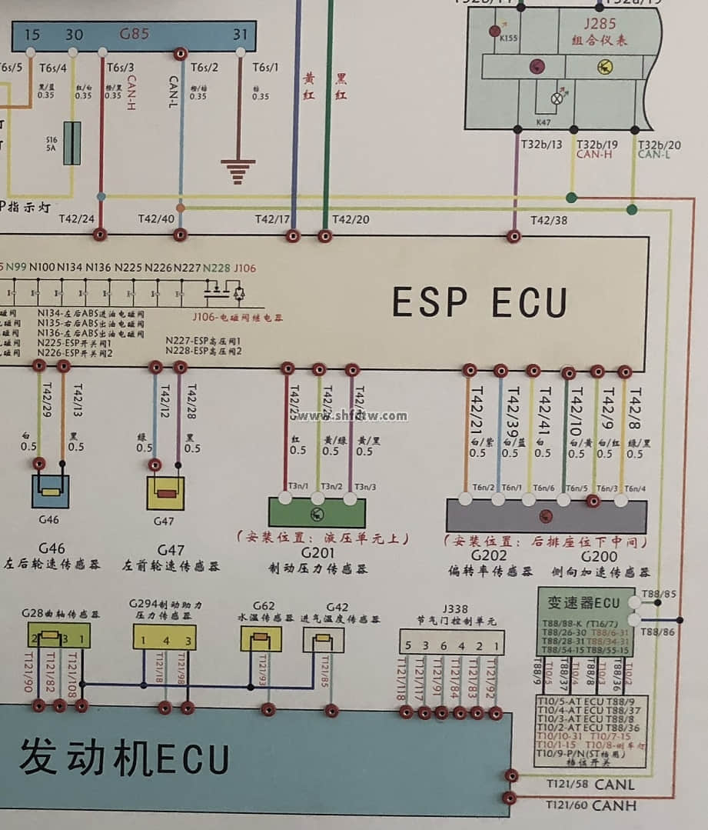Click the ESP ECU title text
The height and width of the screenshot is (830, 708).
(x=480, y=302)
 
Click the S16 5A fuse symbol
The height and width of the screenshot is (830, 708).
(x=71, y=143)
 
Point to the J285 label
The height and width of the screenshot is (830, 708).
(x=600, y=24)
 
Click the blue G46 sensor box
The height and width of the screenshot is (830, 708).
(x=50, y=491)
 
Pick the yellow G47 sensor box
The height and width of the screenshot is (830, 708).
(x=165, y=492)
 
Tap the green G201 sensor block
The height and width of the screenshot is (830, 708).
(x=317, y=512)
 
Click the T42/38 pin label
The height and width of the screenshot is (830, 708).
(x=549, y=221)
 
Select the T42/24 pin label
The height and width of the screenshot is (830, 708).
(x=77, y=219)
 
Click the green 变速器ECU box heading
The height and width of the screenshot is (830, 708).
(x=584, y=602)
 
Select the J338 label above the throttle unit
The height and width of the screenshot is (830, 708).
(x=454, y=609)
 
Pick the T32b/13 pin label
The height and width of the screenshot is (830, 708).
(x=541, y=145)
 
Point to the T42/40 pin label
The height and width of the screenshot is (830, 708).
(x=156, y=219)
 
